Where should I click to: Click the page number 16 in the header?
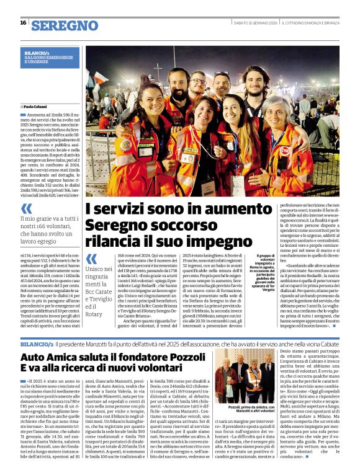point(23,23)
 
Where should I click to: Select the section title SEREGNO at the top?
point(65,25)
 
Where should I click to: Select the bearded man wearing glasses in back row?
point(199,85)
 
